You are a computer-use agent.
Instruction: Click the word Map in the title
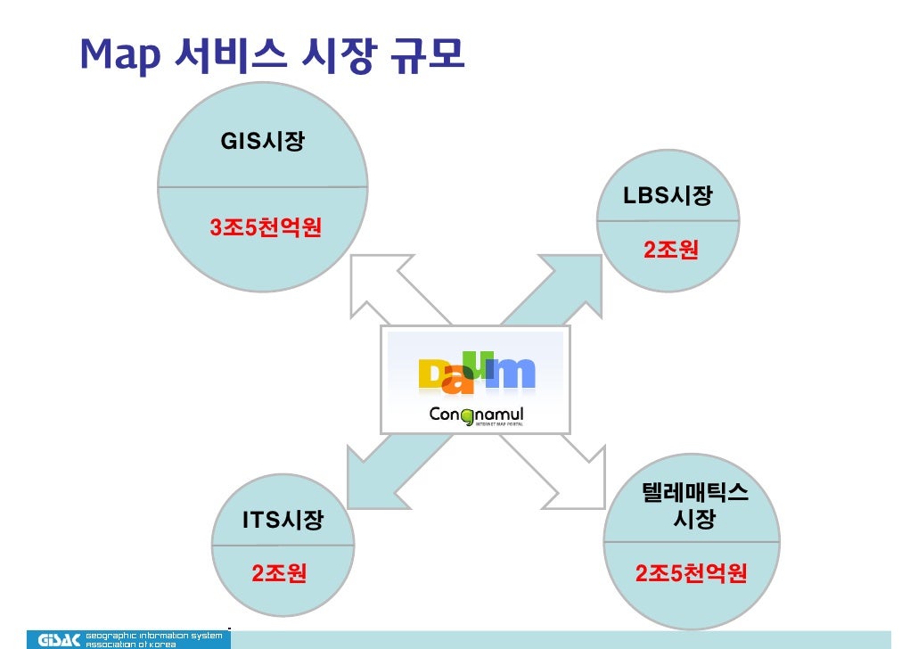pos(119,54)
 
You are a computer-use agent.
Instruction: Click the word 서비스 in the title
pos(223,54)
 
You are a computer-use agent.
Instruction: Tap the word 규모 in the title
pos(426,54)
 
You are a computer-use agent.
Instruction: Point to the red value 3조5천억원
pos(265,229)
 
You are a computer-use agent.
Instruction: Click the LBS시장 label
pos(668,196)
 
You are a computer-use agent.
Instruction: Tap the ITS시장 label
pos(283,520)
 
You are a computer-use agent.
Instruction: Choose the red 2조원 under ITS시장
pos(279,572)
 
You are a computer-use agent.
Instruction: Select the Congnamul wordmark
pos(476,415)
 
